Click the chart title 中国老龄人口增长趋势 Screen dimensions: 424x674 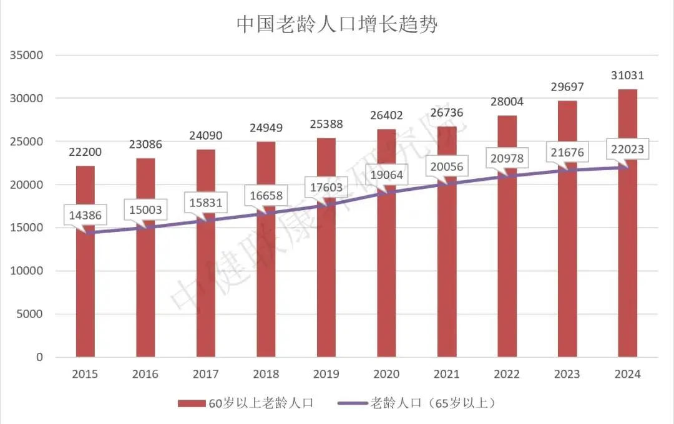pos(336,24)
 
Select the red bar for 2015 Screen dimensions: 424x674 pos(85,293)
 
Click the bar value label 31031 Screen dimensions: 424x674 pos(627,75)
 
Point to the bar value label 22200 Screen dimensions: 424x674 pos(85,152)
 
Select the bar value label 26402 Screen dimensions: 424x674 pos(386,115)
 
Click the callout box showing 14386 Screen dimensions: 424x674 pos(85,216)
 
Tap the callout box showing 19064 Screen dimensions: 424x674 pos(386,175)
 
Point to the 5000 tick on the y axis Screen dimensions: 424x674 pos(29,314)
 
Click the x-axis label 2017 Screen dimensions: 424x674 pos(205,374)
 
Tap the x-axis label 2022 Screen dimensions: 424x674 pos(507,374)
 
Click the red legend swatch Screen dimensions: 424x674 pos(191,403)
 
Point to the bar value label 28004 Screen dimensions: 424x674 pos(506,102)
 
